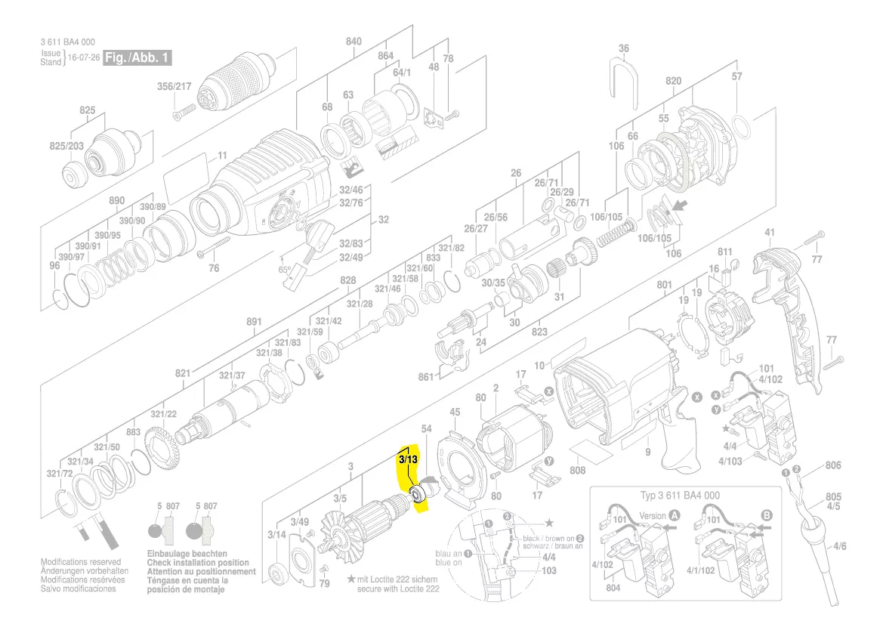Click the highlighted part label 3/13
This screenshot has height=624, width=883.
(408, 459)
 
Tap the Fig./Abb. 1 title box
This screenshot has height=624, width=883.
(138, 58)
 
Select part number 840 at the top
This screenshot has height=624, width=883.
(354, 42)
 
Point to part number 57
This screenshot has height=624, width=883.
(736, 76)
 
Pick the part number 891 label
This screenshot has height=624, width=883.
(254, 322)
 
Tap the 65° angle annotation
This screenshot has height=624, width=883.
(285, 269)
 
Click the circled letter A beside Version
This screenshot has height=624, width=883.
(675, 515)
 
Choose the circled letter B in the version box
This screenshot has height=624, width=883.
(767, 515)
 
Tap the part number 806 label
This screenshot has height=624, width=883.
(832, 466)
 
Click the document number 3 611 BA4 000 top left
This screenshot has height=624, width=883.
(68, 42)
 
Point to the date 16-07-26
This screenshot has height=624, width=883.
(83, 58)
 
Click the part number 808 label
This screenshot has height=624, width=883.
(578, 471)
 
